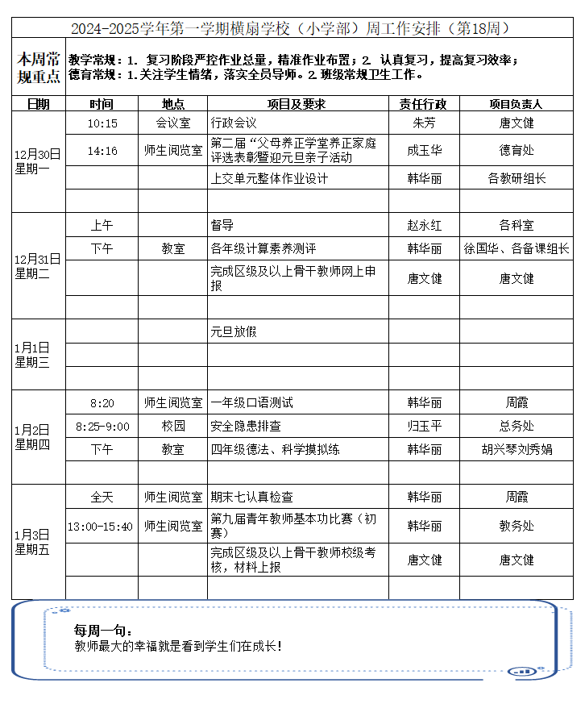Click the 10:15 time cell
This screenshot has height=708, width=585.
point(102,123)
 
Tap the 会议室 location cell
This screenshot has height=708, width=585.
point(173,123)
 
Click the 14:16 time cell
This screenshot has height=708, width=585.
point(102,150)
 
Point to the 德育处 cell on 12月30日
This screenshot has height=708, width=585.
point(516,150)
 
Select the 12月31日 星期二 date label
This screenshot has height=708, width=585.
point(38,266)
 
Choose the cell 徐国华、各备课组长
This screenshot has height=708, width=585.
point(516,249)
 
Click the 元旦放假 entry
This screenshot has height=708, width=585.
point(234,331)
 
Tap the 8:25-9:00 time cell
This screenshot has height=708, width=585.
point(102,426)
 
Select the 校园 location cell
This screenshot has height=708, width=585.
point(173,426)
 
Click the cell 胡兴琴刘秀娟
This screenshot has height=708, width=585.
point(516,449)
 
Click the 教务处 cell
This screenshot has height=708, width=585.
point(516,527)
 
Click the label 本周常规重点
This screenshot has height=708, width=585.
point(39,68)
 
